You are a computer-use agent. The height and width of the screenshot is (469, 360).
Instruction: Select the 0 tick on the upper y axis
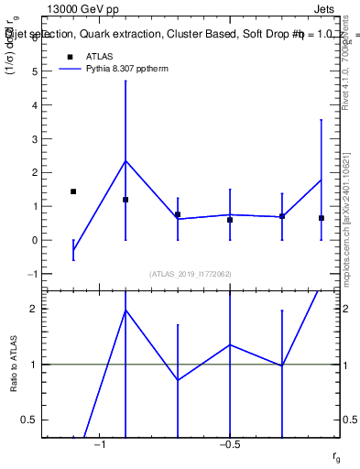point(33,240)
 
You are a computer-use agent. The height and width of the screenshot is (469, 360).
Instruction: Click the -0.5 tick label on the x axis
point(229,444)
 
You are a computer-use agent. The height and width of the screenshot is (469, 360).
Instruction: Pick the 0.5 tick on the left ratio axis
point(28,420)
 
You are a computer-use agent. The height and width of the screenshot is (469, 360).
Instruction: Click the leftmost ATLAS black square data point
point(73,191)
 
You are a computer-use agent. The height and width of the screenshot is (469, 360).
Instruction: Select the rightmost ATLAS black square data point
point(321,218)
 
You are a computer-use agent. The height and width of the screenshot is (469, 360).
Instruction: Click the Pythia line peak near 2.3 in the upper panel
point(125,161)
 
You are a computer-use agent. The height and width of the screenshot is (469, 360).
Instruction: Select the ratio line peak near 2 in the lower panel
point(125,311)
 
